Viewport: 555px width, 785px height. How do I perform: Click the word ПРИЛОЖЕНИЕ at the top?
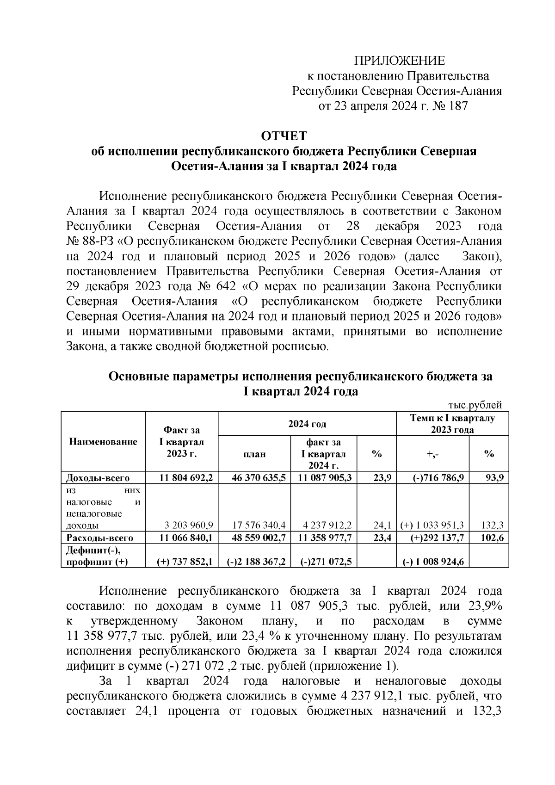[x=399, y=61]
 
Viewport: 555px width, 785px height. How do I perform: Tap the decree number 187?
[x=458, y=106]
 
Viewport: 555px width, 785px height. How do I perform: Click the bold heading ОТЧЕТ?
[x=284, y=136]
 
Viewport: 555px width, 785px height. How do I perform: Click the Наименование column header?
[x=103, y=442]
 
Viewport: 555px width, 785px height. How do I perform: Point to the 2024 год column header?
[x=307, y=424]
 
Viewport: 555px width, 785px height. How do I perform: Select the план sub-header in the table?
[x=254, y=454]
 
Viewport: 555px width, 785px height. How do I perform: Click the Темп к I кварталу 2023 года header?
[x=452, y=424]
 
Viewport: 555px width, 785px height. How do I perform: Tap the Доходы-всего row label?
[x=98, y=478]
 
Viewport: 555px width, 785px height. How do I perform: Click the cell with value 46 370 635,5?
[x=254, y=478]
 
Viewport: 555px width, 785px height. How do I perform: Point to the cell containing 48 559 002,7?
[x=254, y=538]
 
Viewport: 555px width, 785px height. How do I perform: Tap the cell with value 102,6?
[x=492, y=538]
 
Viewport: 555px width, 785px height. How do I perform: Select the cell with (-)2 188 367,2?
[x=255, y=562]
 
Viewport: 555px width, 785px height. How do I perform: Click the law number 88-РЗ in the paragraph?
[x=98, y=241]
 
